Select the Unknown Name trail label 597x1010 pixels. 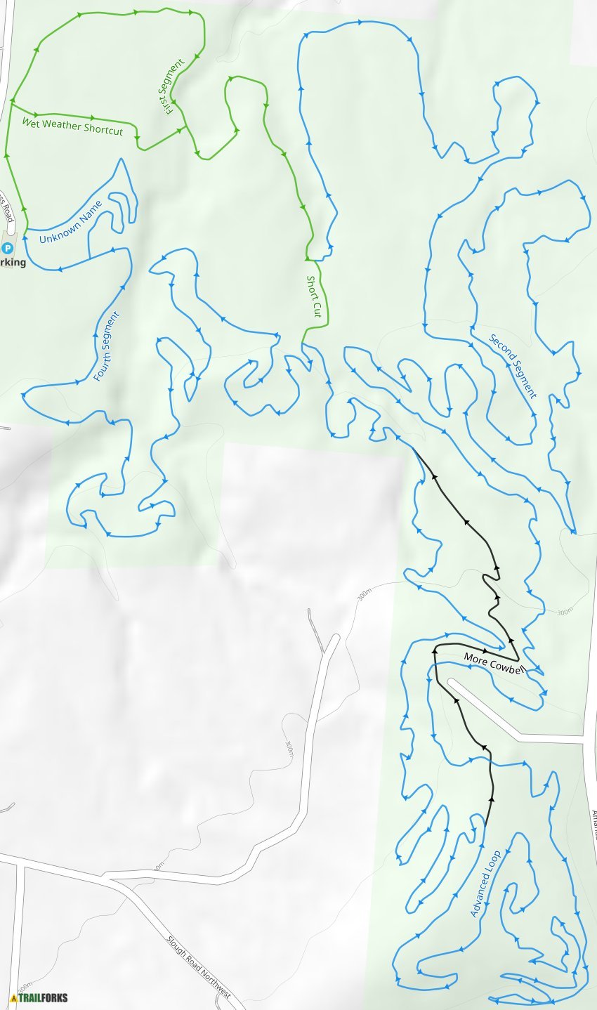pos(71,223)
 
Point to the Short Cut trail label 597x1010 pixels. pos(313,296)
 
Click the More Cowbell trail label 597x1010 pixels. pos(494,664)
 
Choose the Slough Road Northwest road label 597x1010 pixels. pos(199,966)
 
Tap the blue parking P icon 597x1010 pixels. pos(8,248)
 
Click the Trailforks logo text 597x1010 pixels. pos(43,997)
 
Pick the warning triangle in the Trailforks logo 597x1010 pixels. pos(13,997)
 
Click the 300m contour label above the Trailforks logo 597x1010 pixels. pos(25,985)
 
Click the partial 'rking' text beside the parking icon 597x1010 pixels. pos(13,263)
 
